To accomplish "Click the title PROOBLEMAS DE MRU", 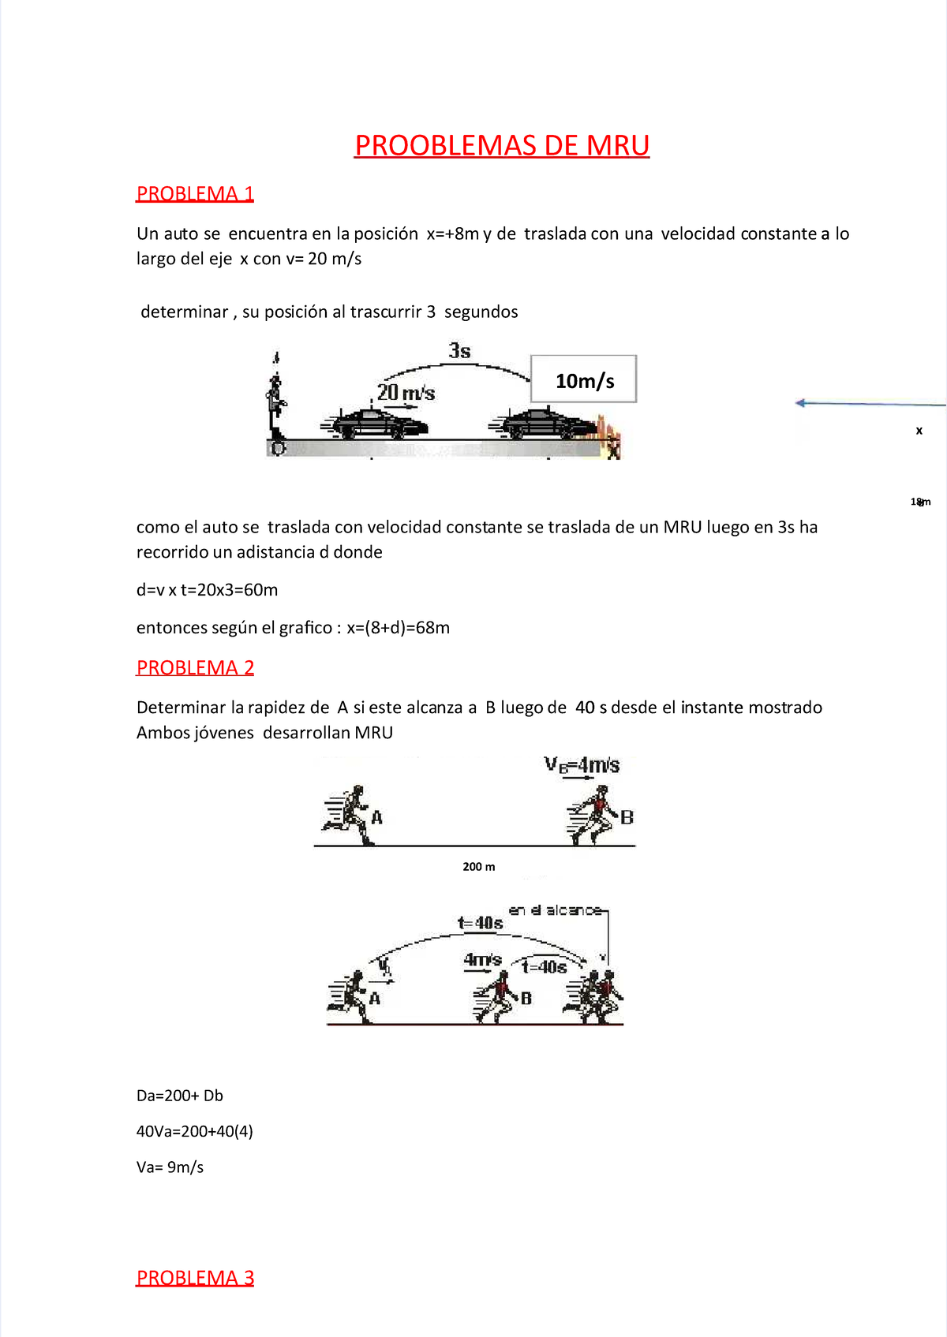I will point(502,146).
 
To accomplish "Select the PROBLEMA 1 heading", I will point(195,194).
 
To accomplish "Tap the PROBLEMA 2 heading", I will point(195,668).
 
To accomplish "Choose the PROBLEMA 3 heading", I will point(195,1278).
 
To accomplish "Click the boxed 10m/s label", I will point(584,380).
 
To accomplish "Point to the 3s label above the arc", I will point(459,351).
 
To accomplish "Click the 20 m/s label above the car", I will point(406,392).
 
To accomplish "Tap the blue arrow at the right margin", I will point(868,404).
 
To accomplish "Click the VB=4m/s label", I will point(582,765).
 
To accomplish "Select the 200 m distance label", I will point(479,867).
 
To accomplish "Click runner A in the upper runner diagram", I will point(350,816).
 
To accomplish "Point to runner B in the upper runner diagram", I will point(597,816).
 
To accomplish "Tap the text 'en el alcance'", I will point(555,910).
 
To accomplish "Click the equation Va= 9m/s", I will point(170,1167).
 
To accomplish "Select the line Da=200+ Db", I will point(180,1096).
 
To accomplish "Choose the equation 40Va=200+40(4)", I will point(195,1131).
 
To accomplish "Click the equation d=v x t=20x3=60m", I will point(207,590).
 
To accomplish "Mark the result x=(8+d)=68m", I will point(398,628).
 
